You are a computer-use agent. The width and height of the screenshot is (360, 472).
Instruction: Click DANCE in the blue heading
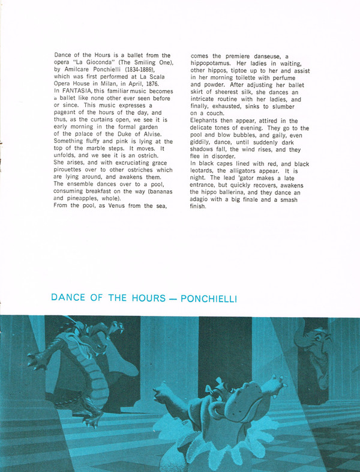click(68, 298)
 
